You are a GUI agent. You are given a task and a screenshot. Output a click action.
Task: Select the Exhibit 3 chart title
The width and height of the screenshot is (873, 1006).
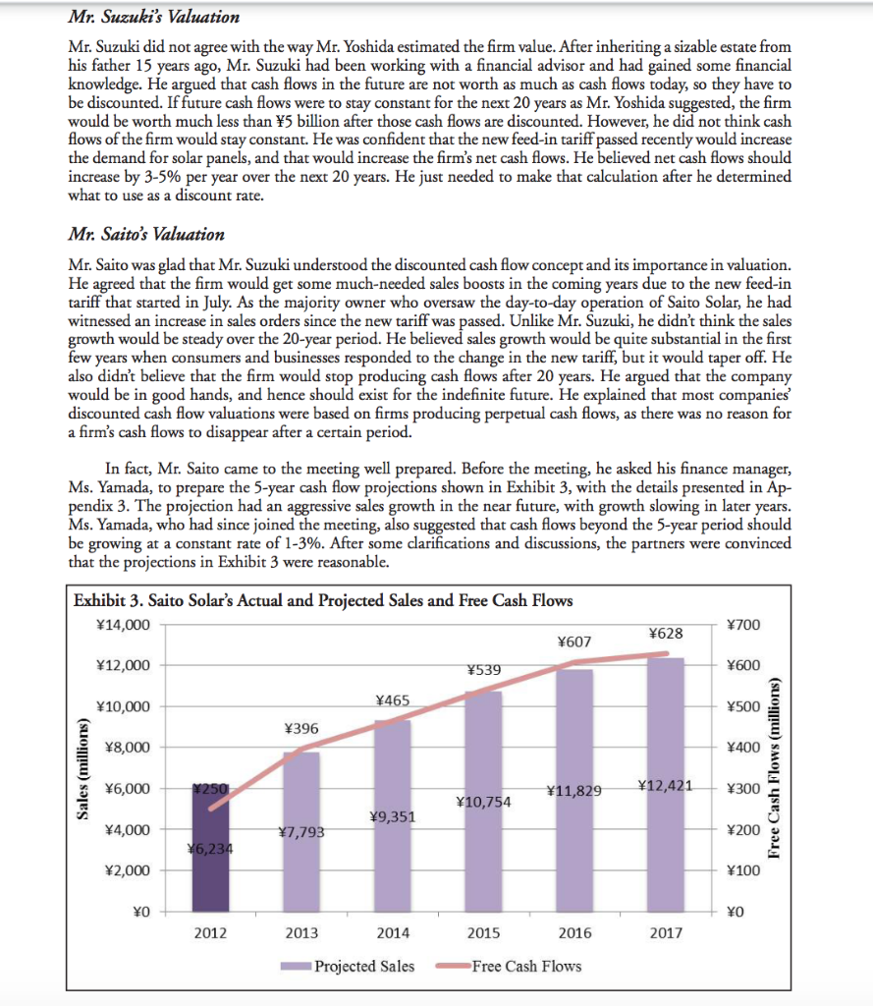[323, 600]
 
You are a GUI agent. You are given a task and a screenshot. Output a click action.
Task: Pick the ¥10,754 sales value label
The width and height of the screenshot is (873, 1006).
[483, 802]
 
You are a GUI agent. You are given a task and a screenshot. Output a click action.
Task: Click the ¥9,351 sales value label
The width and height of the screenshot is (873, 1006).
[392, 815]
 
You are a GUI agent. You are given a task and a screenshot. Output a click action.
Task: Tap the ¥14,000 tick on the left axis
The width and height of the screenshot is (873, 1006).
[124, 625]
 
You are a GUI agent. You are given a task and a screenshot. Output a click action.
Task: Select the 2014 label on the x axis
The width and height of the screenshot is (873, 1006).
[392, 933]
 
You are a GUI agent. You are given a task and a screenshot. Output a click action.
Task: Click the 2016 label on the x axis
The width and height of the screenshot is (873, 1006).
[574, 933]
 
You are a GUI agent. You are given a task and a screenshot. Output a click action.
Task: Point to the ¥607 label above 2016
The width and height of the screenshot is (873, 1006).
[573, 642]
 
